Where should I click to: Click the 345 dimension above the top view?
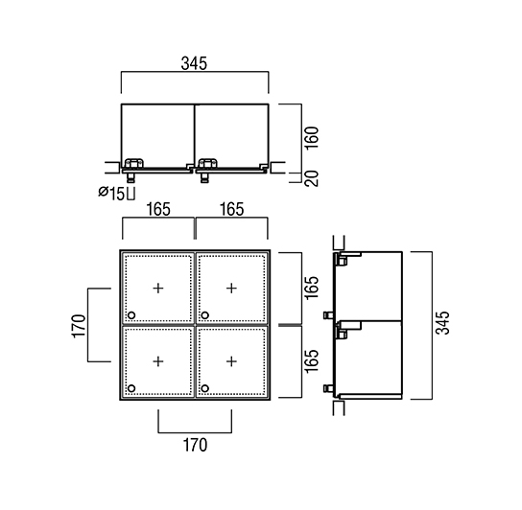point(194,63)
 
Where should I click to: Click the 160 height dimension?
point(312,138)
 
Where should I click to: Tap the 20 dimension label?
point(312,178)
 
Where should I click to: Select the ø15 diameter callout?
point(116,194)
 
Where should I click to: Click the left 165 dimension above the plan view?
point(158,209)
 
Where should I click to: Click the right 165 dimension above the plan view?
point(231,209)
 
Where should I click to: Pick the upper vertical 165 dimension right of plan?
point(312,288)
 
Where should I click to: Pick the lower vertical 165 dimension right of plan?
point(312,361)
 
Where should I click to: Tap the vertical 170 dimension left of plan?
point(79,326)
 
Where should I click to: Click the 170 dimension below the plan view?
point(196,445)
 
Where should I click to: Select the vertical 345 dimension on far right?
point(443,323)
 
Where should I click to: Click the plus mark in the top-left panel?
point(158,289)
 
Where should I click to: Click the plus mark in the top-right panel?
point(231,289)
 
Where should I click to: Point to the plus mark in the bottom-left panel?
point(158,361)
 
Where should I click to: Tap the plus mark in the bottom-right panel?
point(231,361)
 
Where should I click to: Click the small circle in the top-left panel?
point(131,315)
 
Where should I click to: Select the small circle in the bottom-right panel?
point(205,388)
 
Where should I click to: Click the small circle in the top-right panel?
point(205,315)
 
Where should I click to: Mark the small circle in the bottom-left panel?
point(131,388)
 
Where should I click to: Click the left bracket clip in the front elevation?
point(133,164)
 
